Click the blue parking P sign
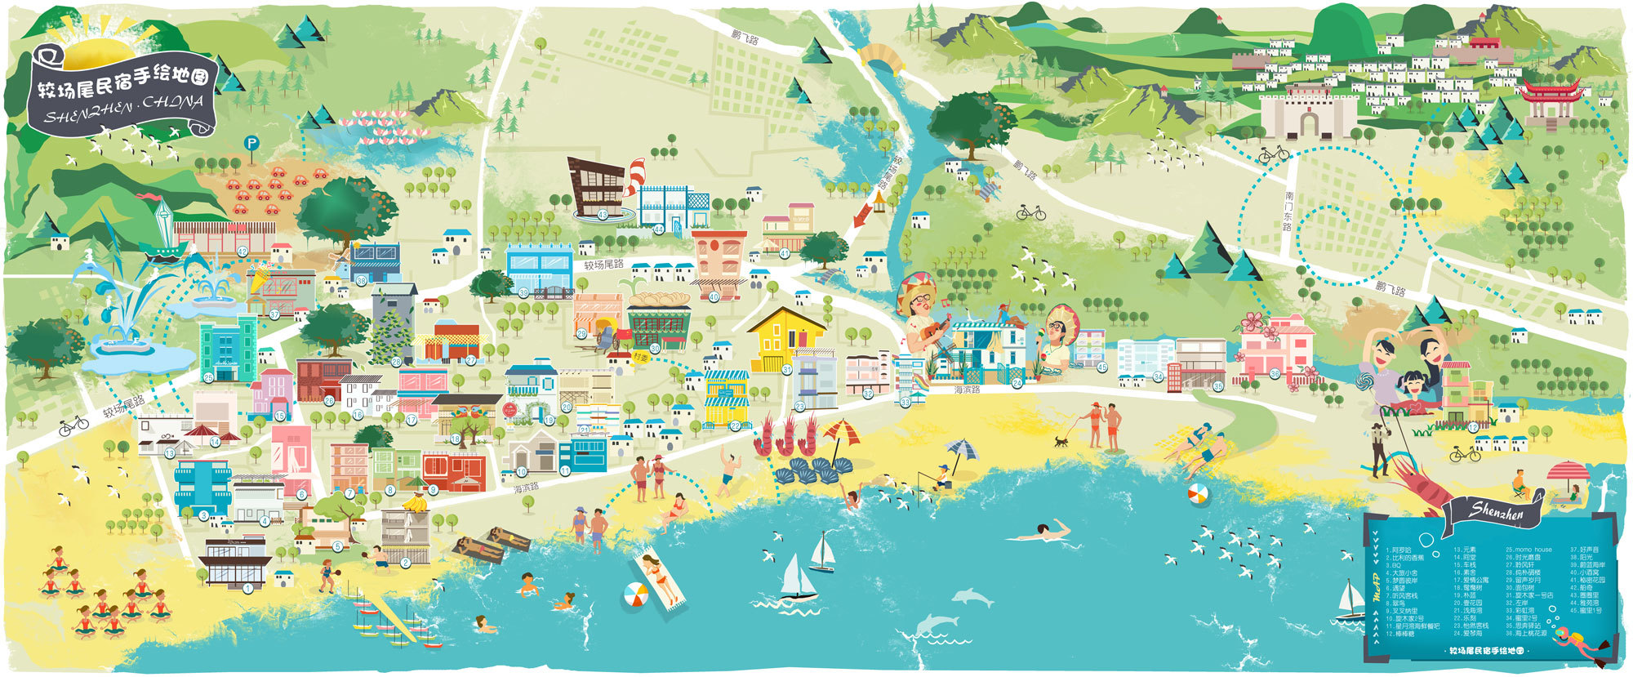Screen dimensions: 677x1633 pos(251,144)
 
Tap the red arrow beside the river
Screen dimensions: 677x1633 pos(861,216)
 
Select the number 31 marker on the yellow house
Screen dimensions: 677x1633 pos(787,370)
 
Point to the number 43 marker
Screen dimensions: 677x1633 pos(603,215)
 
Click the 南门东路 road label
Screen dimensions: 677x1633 pos(1288,211)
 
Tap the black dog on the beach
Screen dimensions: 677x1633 pos(1061,441)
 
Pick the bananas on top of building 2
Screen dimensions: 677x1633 pos(415,504)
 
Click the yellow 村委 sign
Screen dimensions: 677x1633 pos(642,357)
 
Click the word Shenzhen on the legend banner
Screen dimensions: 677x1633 pos(1497,512)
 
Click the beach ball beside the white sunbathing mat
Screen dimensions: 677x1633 pos(635,595)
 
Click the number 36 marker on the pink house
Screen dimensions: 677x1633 pos(1275,374)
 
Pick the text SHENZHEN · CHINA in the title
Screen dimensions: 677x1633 pos(122,109)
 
